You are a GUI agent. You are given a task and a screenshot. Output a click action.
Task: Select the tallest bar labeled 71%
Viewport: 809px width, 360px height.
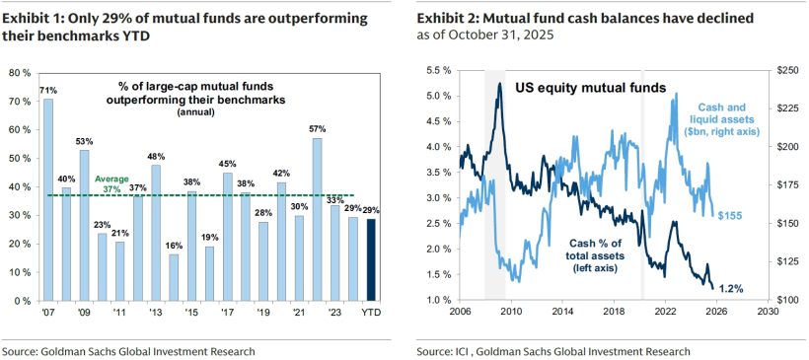[47, 197]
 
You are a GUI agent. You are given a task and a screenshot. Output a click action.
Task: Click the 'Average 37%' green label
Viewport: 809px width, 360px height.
[111, 183]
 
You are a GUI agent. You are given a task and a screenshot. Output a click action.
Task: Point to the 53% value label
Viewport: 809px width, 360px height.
[84, 141]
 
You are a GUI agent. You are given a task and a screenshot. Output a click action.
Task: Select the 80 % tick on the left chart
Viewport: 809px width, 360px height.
[20, 72]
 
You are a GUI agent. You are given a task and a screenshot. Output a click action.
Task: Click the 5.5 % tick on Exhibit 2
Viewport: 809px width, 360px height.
[436, 72]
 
